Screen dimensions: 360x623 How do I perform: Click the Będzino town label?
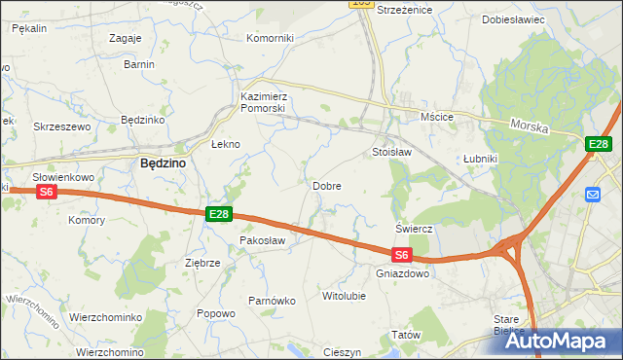[163, 163]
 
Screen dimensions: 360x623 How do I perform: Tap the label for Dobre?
[325, 185]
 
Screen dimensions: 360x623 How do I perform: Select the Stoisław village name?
[392, 153]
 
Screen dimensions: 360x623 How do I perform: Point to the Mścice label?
[437, 117]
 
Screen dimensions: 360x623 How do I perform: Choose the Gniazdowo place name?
[402, 273]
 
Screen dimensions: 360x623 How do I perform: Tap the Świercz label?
[414, 228]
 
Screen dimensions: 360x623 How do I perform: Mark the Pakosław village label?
[262, 240]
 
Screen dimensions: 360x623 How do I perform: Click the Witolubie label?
[344, 294]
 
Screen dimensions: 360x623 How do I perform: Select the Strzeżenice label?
[404, 9]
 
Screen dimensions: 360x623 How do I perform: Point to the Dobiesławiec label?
[513, 18]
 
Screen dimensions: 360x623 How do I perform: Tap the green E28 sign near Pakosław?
[218, 214]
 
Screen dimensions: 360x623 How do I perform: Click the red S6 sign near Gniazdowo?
[402, 256]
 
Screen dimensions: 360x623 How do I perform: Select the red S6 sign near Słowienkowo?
[46, 193]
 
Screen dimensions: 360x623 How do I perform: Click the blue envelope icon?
[593, 195]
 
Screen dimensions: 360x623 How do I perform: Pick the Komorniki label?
[270, 38]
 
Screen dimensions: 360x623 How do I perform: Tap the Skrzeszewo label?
[61, 126]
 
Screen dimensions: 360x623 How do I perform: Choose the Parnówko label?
[272, 301]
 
